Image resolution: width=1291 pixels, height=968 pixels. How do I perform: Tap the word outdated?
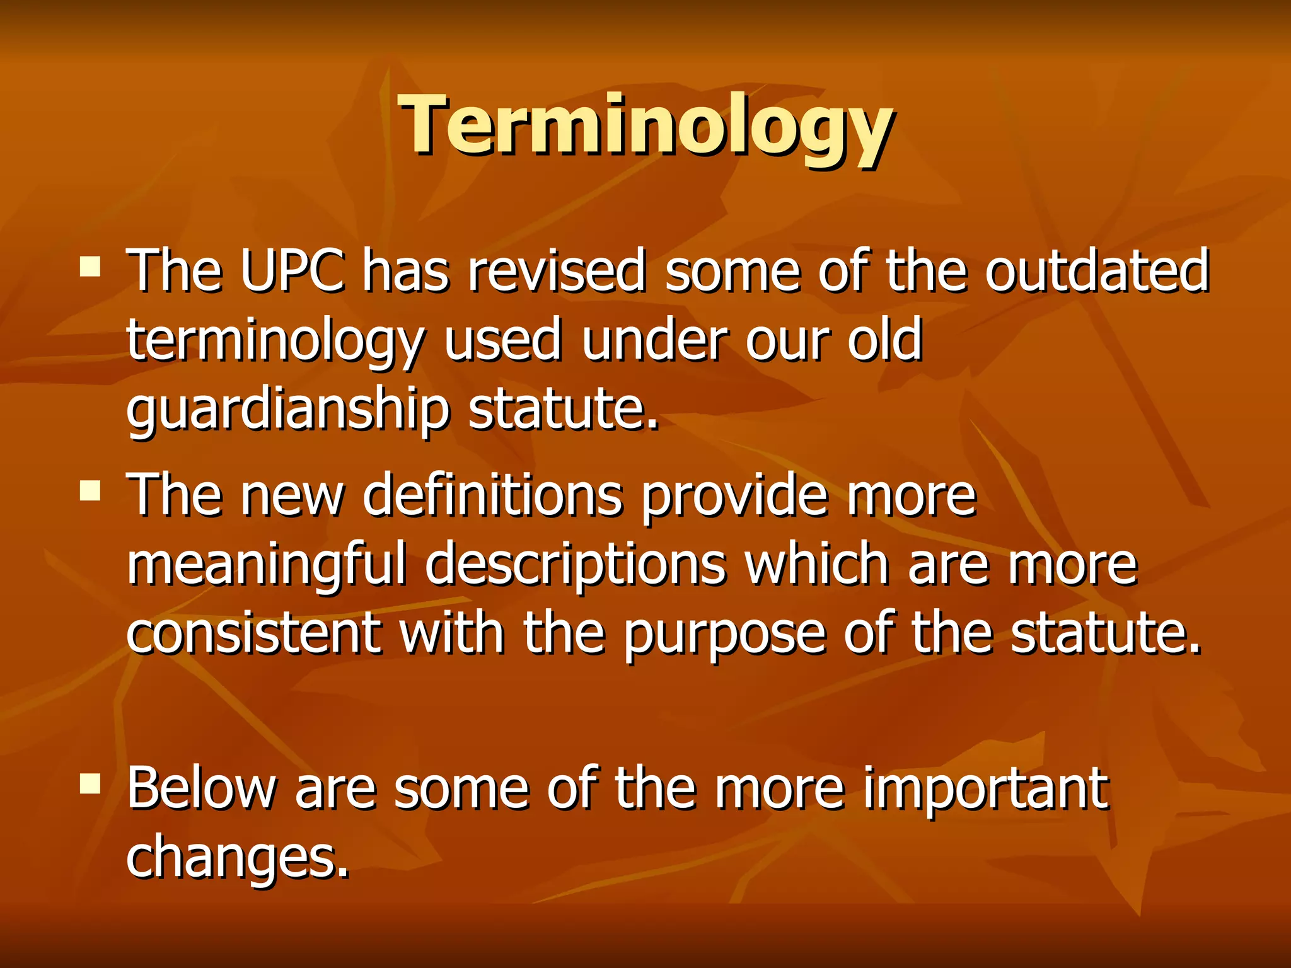[x=1097, y=271]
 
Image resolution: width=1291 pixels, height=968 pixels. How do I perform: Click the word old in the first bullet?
[x=884, y=340]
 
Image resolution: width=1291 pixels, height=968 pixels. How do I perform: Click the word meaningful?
[x=266, y=565]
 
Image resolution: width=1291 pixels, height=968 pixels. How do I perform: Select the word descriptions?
[x=576, y=565]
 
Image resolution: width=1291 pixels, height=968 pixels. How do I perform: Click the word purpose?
[x=724, y=634]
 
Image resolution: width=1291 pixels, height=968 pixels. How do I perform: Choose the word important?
[x=985, y=789]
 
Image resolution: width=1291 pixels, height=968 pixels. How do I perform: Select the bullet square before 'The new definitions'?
[x=91, y=490]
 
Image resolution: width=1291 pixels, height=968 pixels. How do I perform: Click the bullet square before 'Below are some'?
[x=91, y=783]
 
